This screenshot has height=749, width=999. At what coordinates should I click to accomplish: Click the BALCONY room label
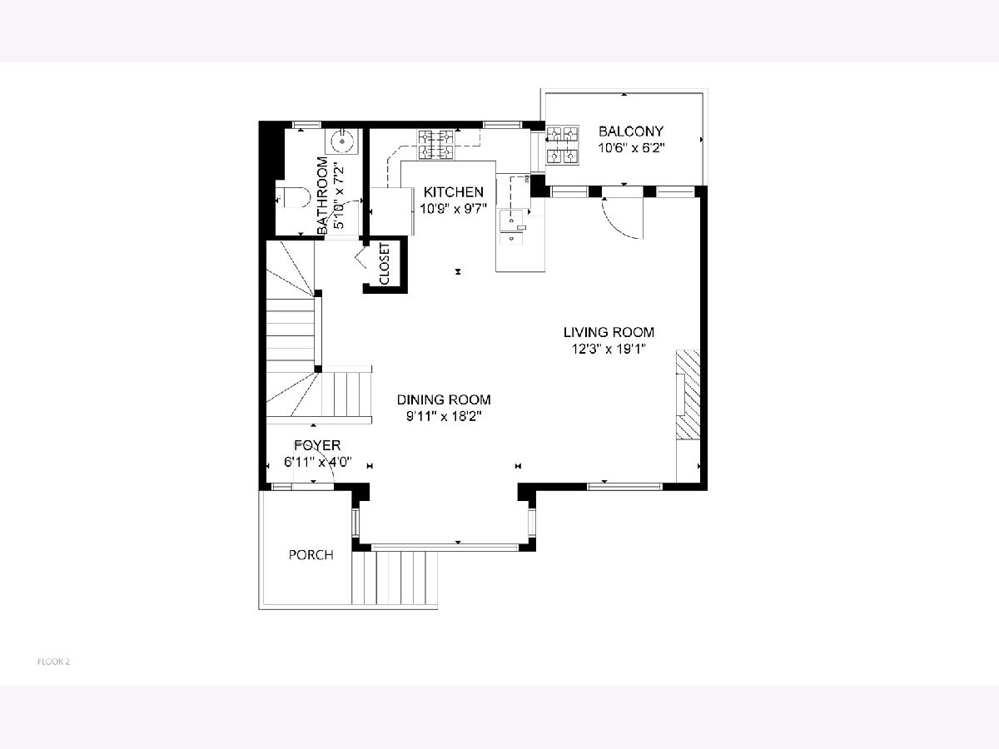tap(631, 131)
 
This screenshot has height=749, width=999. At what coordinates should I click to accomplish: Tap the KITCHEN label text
tap(454, 192)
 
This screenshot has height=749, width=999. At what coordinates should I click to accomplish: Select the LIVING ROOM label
tap(609, 332)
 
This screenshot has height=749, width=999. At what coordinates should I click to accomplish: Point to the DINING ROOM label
tap(444, 399)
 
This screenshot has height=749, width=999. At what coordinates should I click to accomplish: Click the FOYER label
tap(317, 445)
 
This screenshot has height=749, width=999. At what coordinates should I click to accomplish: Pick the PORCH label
tap(311, 555)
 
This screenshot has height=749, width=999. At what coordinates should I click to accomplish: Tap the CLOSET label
tap(385, 264)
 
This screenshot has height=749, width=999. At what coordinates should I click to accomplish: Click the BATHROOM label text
tap(322, 196)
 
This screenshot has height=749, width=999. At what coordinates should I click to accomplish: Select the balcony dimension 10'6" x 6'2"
tap(631, 148)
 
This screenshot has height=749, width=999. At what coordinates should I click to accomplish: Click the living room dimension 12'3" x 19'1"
tap(609, 349)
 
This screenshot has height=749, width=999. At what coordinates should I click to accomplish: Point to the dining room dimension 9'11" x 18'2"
tap(444, 417)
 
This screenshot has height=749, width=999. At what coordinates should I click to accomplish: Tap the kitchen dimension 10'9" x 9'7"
tap(454, 209)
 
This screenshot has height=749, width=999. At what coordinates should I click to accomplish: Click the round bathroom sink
tap(340, 141)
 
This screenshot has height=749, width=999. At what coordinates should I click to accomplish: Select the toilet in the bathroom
tap(293, 197)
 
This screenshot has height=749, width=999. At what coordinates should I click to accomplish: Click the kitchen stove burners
tap(436, 144)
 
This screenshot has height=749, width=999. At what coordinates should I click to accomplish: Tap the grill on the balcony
tap(562, 145)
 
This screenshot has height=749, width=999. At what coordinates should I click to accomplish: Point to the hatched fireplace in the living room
tap(688, 394)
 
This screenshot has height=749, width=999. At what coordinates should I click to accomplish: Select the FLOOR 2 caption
tap(53, 662)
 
